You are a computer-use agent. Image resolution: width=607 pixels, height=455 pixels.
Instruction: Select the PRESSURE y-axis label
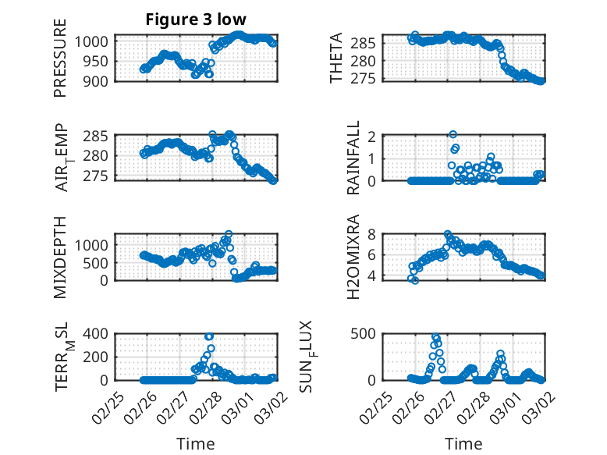[60, 58]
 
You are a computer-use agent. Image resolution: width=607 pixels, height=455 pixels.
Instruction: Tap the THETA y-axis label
[337, 58]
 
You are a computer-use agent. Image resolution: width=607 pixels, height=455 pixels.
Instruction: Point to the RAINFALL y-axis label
[353, 158]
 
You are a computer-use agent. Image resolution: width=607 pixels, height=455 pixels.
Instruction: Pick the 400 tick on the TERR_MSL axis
[98, 333]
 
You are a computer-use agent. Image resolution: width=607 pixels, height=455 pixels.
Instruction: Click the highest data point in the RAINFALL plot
[453, 135]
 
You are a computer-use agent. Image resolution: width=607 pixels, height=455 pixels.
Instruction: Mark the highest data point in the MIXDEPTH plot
[229, 233]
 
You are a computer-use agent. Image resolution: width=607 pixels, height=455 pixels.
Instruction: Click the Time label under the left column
[195, 444]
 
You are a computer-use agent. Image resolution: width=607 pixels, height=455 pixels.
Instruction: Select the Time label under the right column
[463, 444]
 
